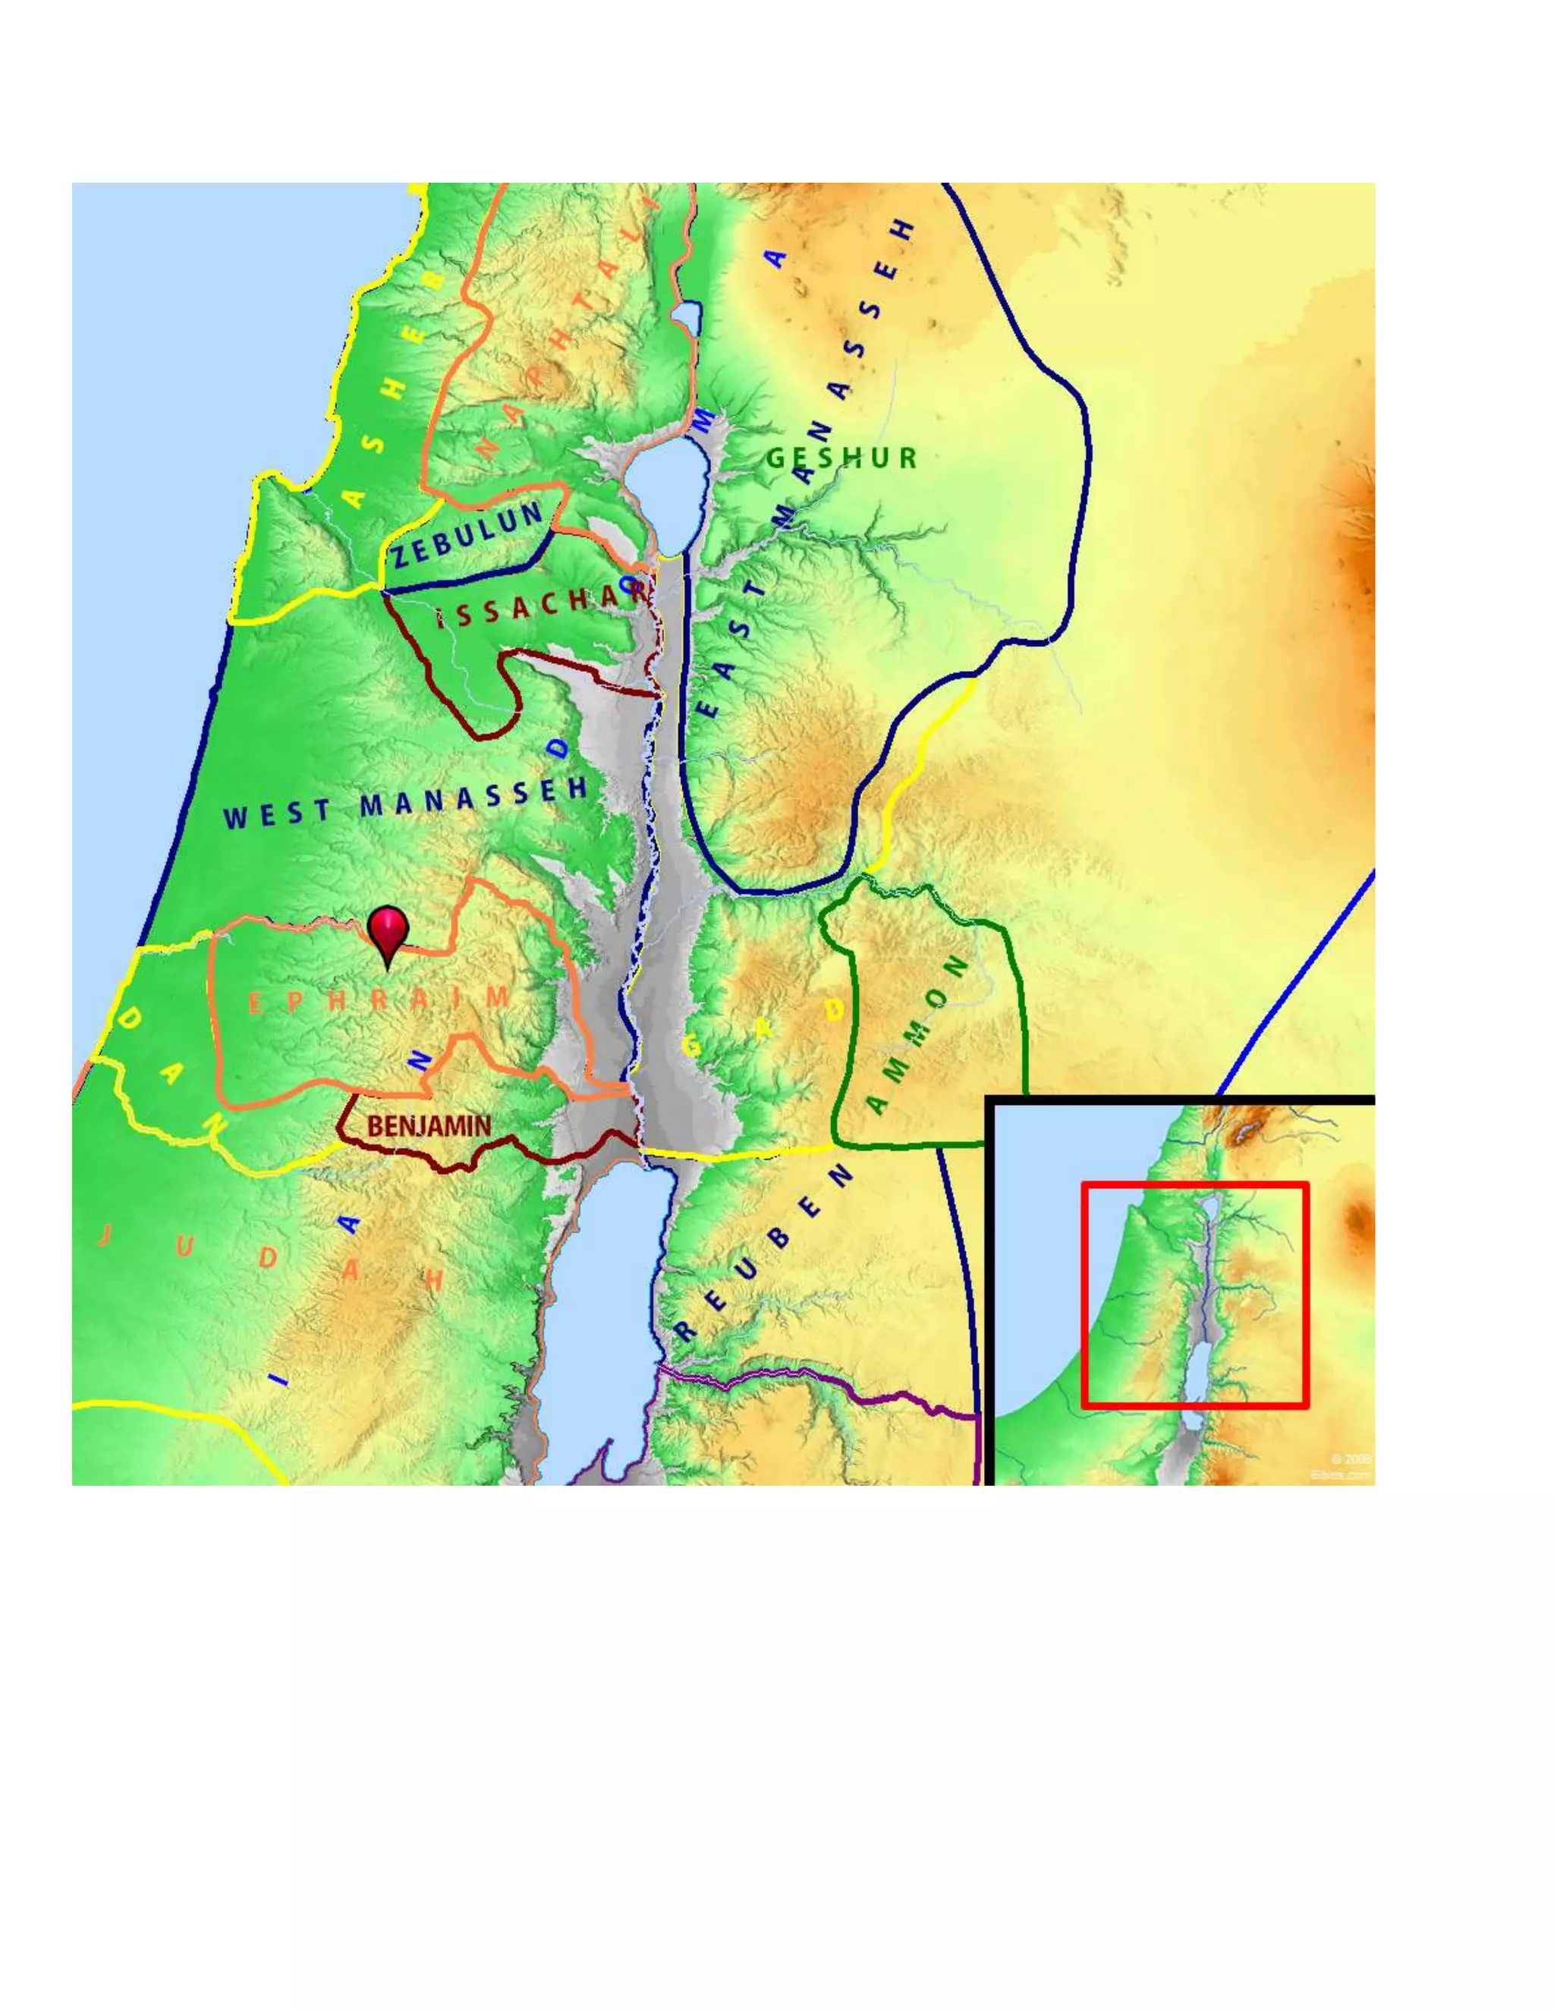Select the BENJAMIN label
coord(429,1125)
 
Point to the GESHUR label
coord(841,458)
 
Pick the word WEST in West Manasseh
coord(277,814)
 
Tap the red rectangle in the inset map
coord(1194,1185)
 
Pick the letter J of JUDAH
coord(105,1235)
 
